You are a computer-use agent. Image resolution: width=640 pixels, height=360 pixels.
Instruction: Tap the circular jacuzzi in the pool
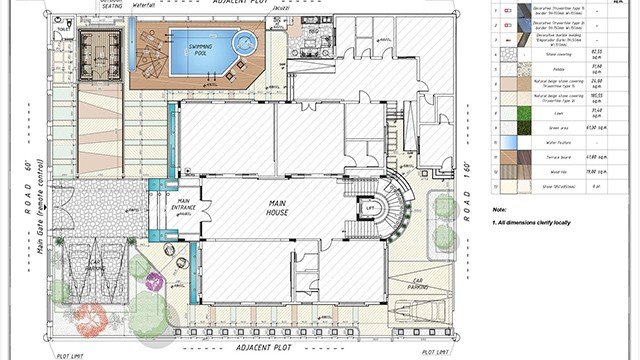pos(244,43)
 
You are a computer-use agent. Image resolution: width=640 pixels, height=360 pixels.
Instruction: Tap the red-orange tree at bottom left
pos(90,319)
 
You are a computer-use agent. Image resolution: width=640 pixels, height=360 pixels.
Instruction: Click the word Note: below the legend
pos(500,209)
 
